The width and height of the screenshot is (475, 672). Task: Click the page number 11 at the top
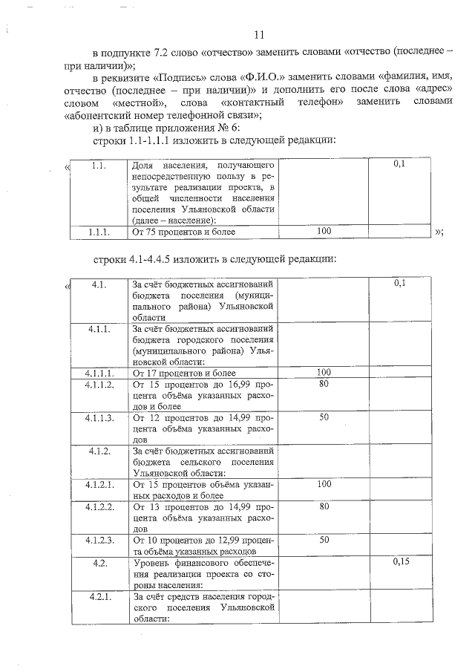[x=259, y=35]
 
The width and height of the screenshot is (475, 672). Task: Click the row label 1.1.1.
[x=99, y=232]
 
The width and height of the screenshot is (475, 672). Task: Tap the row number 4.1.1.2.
[x=99, y=385]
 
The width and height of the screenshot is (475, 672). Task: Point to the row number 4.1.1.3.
[x=99, y=418]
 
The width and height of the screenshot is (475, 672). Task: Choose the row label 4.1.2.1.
[x=99, y=485]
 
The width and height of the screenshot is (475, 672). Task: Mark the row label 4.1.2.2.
[x=99, y=507]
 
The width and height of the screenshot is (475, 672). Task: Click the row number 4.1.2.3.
[x=99, y=541]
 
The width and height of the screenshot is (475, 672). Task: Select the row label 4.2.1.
[x=99, y=596]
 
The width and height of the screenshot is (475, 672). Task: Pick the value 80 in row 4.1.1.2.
[x=324, y=385]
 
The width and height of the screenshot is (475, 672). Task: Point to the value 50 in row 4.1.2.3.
[x=324, y=541]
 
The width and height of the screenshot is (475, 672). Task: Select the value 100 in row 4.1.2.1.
[x=324, y=485]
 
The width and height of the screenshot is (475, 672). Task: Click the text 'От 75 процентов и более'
[x=183, y=232]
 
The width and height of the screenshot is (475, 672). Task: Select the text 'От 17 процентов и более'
[x=183, y=373]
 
